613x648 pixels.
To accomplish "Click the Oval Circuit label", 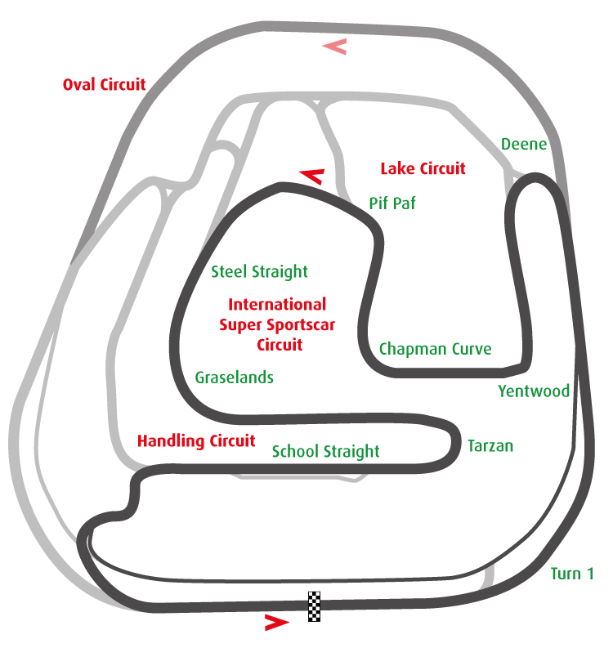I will tap(104, 84).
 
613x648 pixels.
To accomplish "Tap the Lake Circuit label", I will tap(423, 169).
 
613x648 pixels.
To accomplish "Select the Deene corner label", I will tap(523, 145).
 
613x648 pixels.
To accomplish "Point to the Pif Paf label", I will tap(392, 203).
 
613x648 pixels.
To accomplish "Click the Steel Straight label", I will tap(259, 271).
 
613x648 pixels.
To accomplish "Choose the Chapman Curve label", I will tap(435, 349).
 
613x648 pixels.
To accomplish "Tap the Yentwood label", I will tap(533, 391).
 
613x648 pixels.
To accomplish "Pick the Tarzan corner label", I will tap(490, 446).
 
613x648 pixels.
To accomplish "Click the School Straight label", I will tap(325, 451).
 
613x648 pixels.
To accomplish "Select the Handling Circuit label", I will tap(196, 441).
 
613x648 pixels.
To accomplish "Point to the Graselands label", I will tap(234, 378).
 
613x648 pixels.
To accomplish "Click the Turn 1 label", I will tap(571, 573).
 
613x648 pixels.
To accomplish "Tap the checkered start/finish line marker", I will tap(315, 606).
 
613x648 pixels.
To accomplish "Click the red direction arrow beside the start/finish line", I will tap(276, 623).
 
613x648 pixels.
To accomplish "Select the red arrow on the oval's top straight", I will tap(334, 47).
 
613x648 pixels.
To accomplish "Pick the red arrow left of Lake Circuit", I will tap(312, 175).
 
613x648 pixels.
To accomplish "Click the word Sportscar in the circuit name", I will tap(298, 324).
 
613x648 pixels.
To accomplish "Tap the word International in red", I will tap(277, 305).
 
